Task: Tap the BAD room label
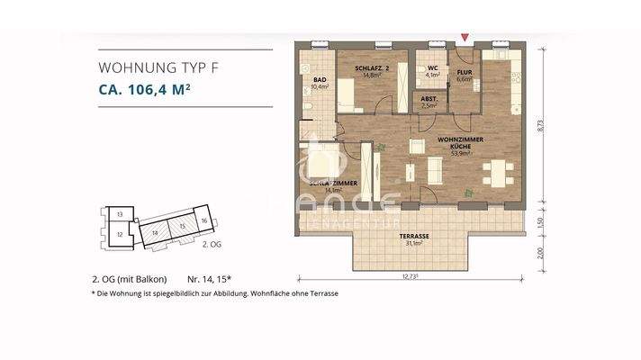tap(320, 81)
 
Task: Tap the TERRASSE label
tap(415, 237)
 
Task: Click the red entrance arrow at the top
tap(465, 37)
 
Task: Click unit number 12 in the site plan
tap(120, 234)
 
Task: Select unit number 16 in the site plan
tap(204, 220)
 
